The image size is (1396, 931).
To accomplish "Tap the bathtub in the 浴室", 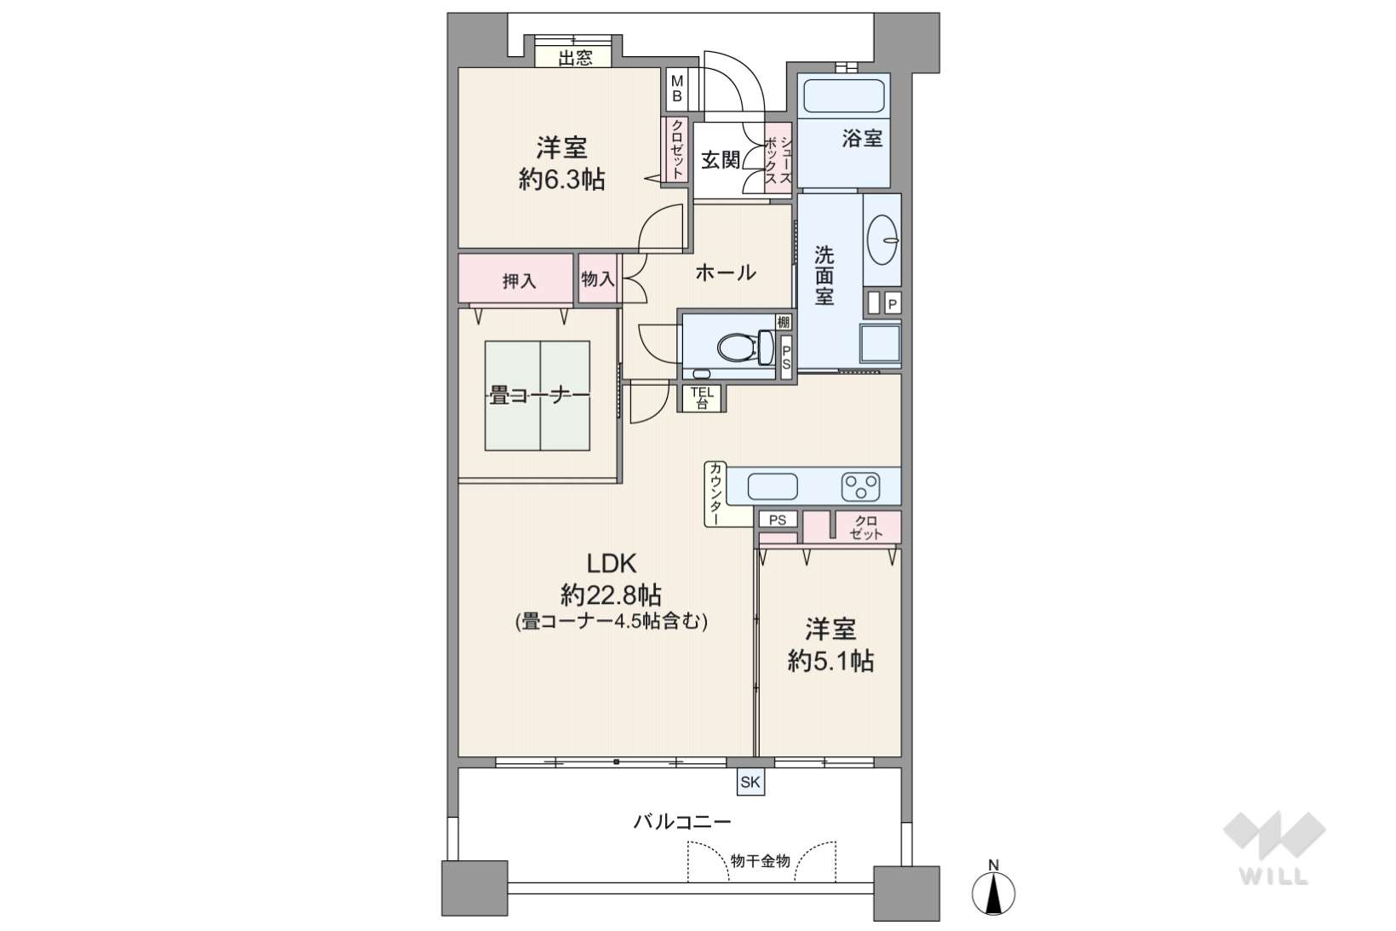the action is pyautogui.click(x=844, y=95).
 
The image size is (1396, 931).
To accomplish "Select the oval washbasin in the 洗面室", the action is pyautogui.click(x=882, y=239).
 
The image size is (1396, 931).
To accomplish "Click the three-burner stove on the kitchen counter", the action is pyautogui.click(x=860, y=486).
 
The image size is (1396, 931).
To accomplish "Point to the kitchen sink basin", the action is pyautogui.click(x=773, y=486).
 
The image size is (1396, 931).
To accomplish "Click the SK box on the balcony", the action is pyautogui.click(x=750, y=782).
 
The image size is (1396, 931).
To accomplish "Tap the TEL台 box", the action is pyautogui.click(x=702, y=398).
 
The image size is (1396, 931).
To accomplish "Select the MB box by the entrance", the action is pyautogui.click(x=677, y=89).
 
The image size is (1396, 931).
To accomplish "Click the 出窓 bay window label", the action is pyautogui.click(x=575, y=59).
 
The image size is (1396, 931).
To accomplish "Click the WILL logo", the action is pyautogui.click(x=1274, y=848).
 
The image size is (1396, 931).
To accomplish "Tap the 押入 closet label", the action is pyautogui.click(x=520, y=281).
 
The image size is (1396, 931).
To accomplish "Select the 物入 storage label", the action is pyautogui.click(x=598, y=279).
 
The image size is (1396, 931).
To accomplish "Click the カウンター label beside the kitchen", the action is pyautogui.click(x=716, y=493).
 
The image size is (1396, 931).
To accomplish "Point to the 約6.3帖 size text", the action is pyautogui.click(x=561, y=180).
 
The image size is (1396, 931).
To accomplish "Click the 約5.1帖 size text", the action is pyautogui.click(x=830, y=660).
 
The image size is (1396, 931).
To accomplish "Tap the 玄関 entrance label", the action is pyautogui.click(x=721, y=160).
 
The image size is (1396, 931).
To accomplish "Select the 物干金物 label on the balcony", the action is pyautogui.click(x=761, y=861).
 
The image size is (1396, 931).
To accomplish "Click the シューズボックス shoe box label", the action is pyautogui.click(x=778, y=161).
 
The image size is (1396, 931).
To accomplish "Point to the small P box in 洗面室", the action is pyautogui.click(x=893, y=304).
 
